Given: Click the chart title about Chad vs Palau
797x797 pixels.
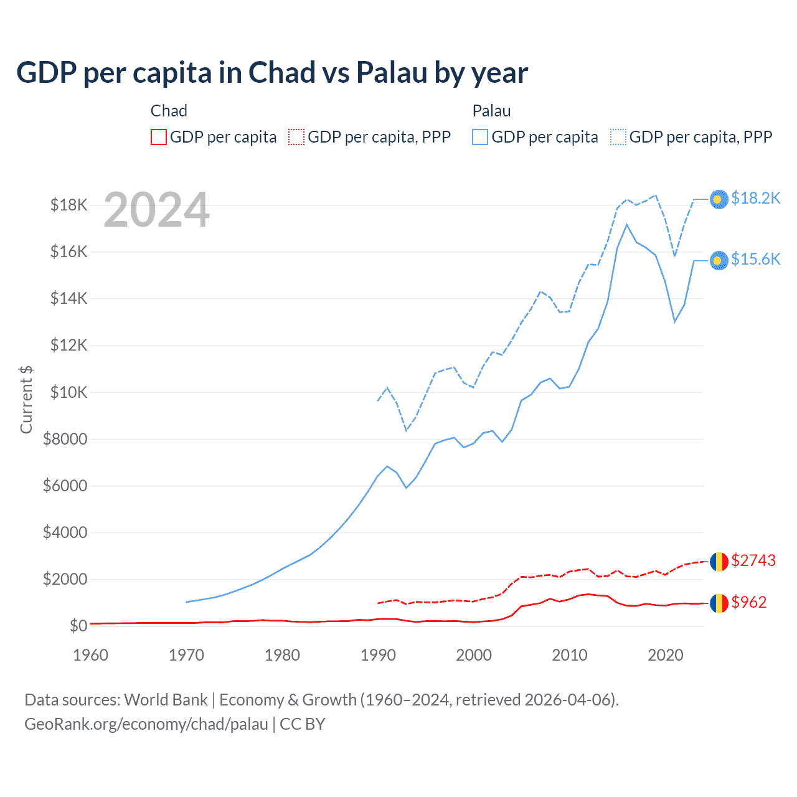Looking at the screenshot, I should (x=272, y=73).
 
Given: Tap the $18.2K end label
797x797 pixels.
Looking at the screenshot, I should (x=755, y=198).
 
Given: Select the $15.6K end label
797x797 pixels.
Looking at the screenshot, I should (x=755, y=259).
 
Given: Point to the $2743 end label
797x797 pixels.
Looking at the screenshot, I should (x=753, y=560).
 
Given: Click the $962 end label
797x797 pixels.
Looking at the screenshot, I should (x=748, y=602).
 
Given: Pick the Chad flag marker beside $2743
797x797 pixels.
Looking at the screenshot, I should (x=719, y=561).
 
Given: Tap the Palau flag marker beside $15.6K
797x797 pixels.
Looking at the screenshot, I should (x=719, y=260).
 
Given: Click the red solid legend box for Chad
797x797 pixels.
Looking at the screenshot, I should (x=159, y=137).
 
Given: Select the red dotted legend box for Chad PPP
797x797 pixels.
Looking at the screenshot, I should (x=297, y=137).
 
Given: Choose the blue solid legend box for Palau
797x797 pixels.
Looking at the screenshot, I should (x=480, y=137).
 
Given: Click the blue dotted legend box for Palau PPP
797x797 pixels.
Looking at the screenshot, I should (x=618, y=137).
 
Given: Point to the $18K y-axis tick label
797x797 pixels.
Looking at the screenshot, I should (x=68, y=205).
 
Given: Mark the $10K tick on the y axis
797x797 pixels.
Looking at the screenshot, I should (x=68, y=392).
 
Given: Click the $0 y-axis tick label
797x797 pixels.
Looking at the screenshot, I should (x=78, y=626).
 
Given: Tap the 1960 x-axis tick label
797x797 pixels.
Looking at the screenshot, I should (x=91, y=655).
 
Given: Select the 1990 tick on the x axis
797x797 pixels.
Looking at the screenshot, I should (x=379, y=655).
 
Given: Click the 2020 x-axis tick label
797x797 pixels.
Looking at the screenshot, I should (x=666, y=655).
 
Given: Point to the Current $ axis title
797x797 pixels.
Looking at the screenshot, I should (x=26, y=400).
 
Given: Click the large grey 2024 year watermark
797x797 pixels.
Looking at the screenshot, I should (x=156, y=210).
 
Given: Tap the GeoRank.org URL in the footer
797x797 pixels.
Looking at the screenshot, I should (x=146, y=724).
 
